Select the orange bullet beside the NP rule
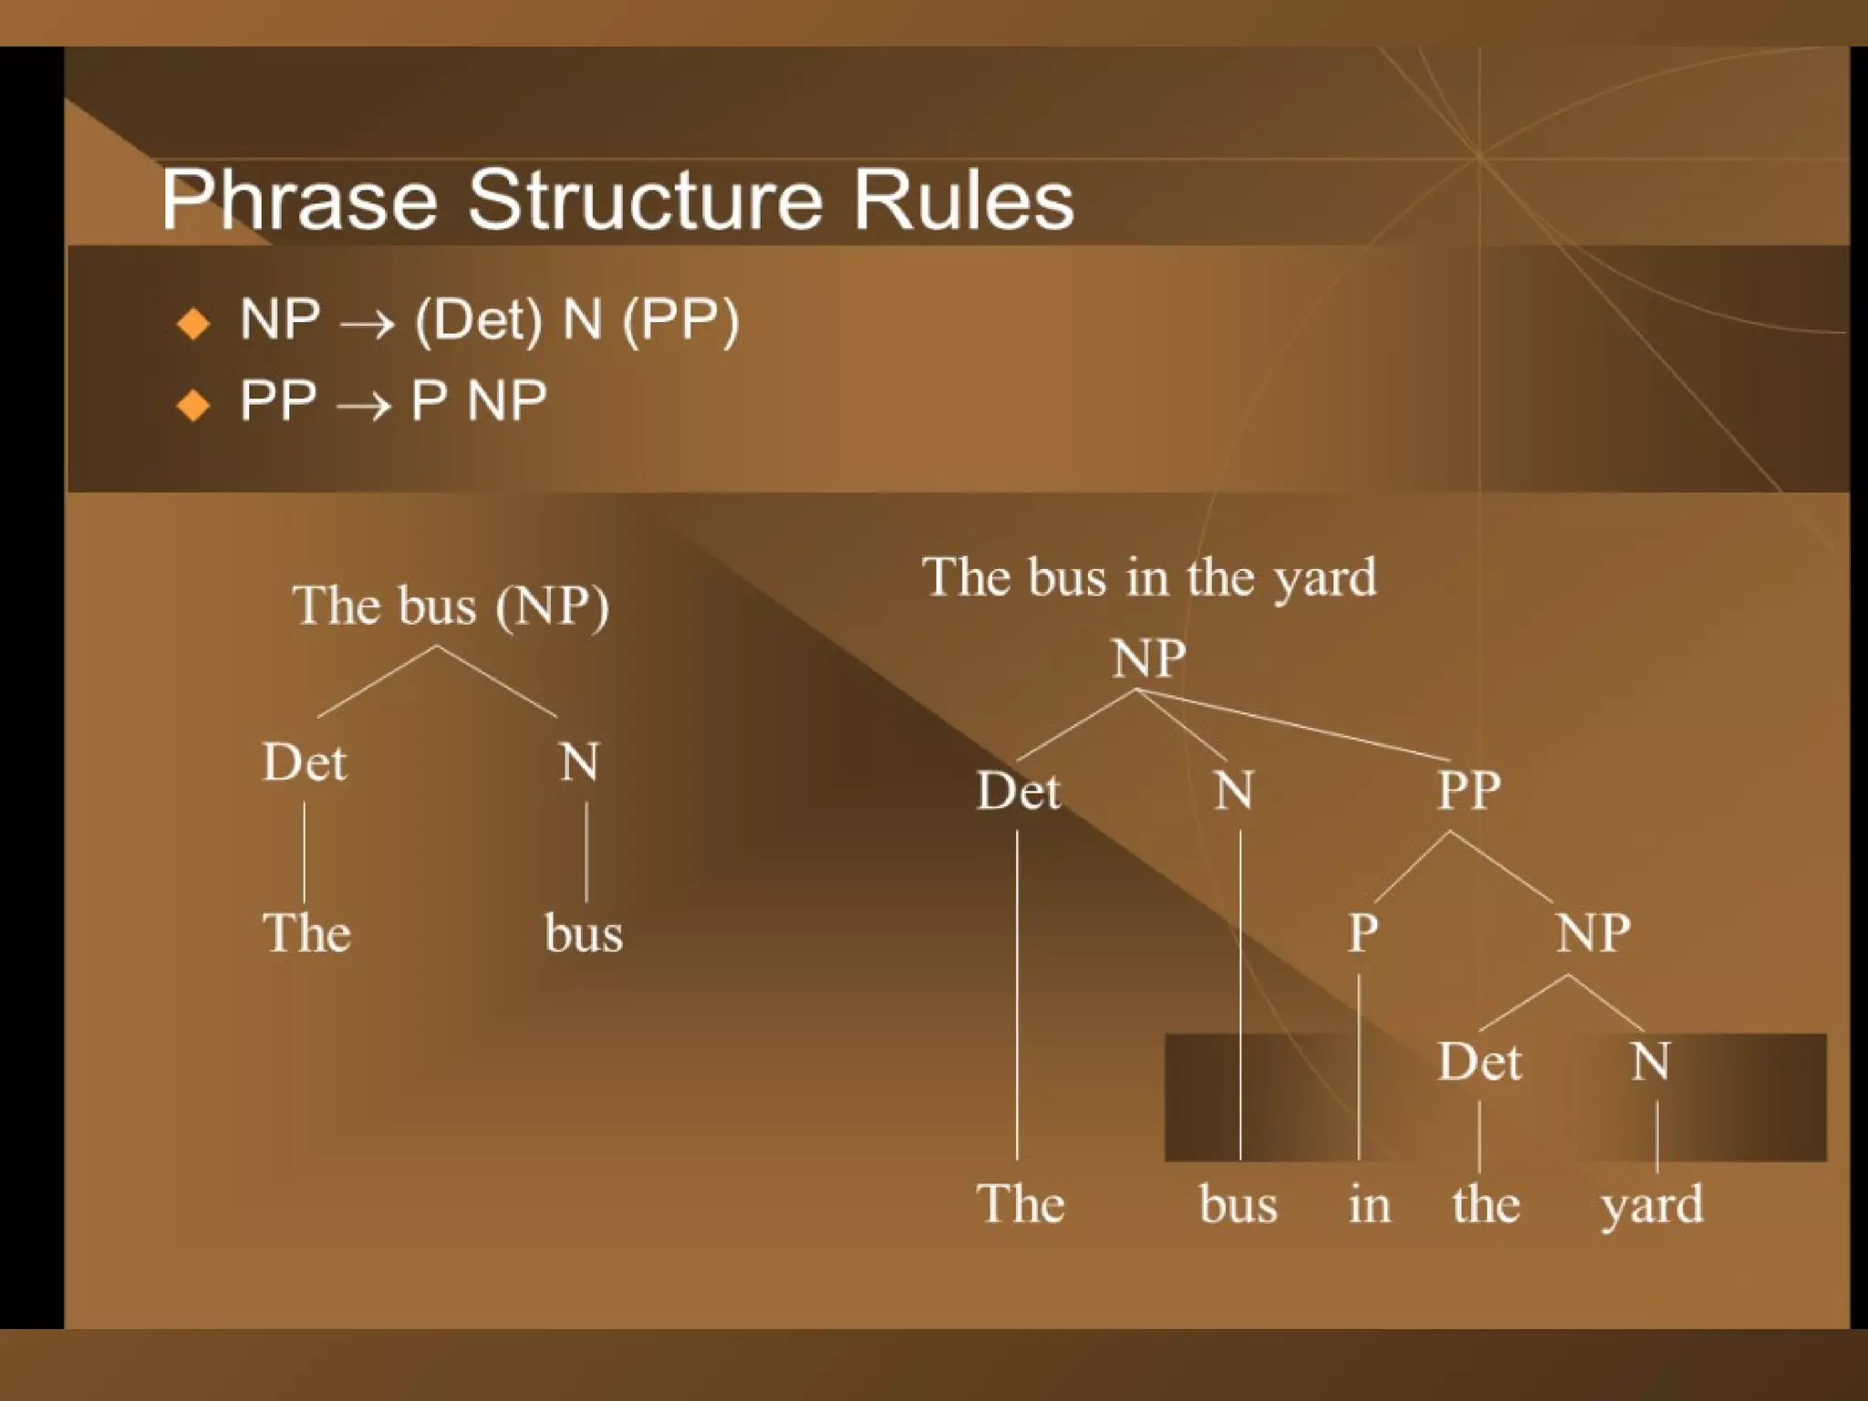pyautogui.click(x=193, y=324)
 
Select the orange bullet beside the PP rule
pyautogui.click(x=193, y=404)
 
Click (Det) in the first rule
pyautogui.click(x=479, y=320)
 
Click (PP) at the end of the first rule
pyautogui.click(x=680, y=320)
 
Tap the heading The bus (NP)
pyautogui.click(x=451, y=605)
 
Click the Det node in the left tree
pyautogui.click(x=305, y=762)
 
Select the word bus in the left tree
pyautogui.click(x=584, y=934)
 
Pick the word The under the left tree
pyautogui.click(x=306, y=933)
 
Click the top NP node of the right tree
pyautogui.click(x=1148, y=658)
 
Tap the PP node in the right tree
pyautogui.click(x=1468, y=790)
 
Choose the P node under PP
pyautogui.click(x=1363, y=933)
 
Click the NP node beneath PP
pyautogui.click(x=1593, y=933)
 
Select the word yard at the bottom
pyautogui.click(x=1651, y=1205)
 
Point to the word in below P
pyautogui.click(x=1369, y=1204)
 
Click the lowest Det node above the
pyautogui.click(x=1479, y=1062)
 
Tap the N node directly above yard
pyautogui.click(x=1650, y=1062)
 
